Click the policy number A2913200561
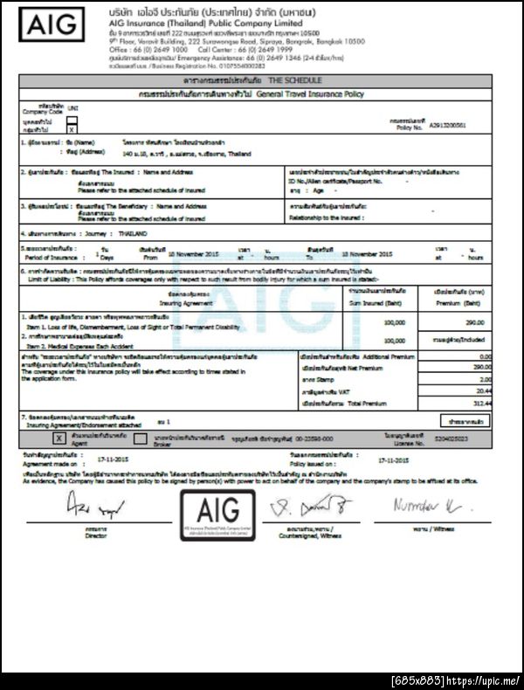click(447, 126)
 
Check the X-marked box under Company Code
click(72, 129)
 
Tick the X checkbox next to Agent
click(59, 437)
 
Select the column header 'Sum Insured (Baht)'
click(378, 301)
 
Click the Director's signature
click(93, 506)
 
